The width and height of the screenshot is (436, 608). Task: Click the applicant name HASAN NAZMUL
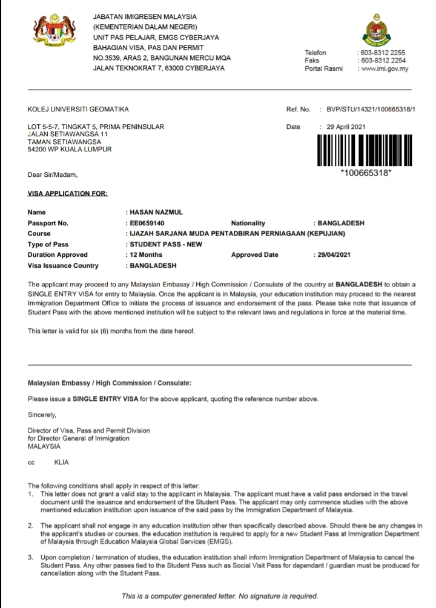point(153,213)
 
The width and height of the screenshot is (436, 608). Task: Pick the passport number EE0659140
point(147,223)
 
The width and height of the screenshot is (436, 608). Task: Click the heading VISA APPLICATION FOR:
point(68,194)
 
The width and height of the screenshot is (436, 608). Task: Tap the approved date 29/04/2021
point(332,255)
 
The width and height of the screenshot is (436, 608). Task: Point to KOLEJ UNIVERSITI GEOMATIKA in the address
point(78,110)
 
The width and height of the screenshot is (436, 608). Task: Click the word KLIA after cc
point(62,462)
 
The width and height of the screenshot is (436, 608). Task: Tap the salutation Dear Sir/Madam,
point(53,175)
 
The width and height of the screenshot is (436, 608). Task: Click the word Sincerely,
point(42,415)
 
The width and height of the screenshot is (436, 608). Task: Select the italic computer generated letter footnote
point(220,596)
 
